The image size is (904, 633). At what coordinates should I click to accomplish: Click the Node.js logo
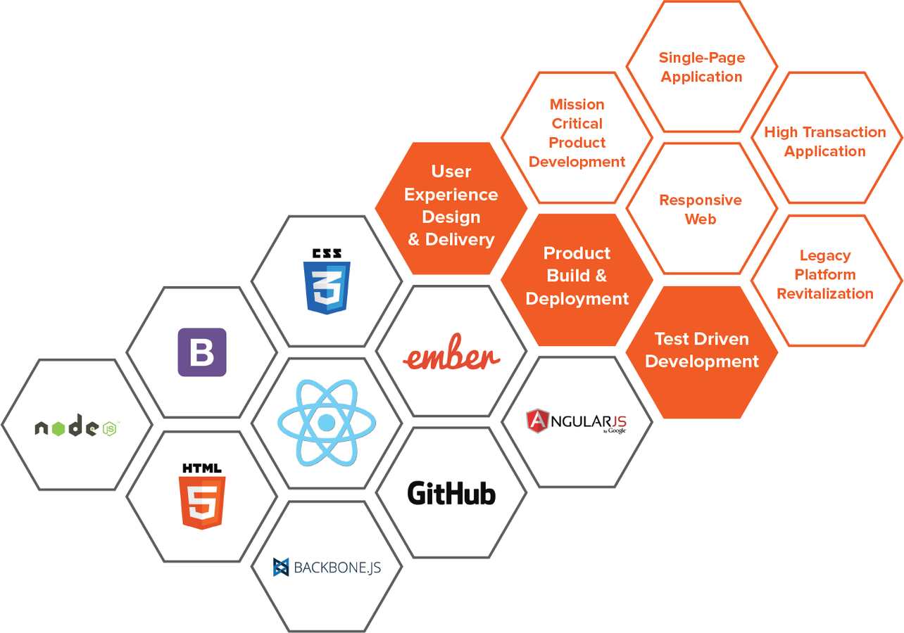coord(76,426)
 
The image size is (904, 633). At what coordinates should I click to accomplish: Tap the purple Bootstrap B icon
coord(202,352)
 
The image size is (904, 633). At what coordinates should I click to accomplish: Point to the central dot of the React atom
coord(327,423)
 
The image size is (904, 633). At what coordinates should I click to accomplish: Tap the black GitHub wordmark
coord(451,493)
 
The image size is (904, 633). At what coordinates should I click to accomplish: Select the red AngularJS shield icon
coord(537,421)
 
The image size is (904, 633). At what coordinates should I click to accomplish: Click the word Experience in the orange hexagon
coord(451,194)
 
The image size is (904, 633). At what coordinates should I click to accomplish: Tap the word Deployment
coord(577,299)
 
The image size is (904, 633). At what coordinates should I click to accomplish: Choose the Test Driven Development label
coord(702,350)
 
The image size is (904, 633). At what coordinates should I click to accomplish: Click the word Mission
coord(577,105)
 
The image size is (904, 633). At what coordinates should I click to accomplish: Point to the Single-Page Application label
coord(702,67)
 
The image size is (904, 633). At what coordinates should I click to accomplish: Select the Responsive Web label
coord(701,210)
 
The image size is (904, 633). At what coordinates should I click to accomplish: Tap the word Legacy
coord(825,256)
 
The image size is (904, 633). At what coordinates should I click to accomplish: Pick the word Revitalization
coord(825,294)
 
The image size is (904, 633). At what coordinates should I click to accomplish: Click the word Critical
coord(577,124)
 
